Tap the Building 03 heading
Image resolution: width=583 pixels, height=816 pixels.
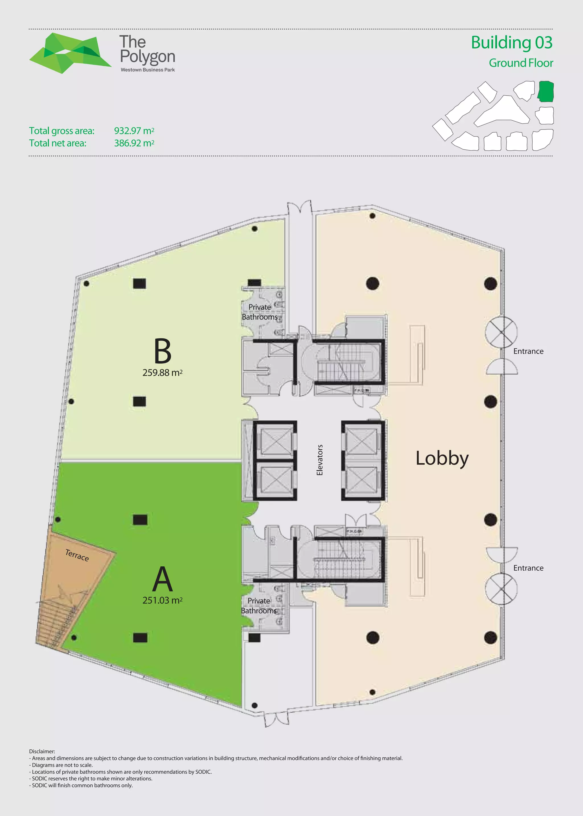(511, 43)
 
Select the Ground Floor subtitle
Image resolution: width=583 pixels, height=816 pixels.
(521, 63)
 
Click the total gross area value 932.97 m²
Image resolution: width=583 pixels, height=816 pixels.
(134, 131)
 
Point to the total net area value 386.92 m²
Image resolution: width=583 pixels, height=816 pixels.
(134, 143)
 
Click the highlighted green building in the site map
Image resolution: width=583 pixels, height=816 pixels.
(546, 91)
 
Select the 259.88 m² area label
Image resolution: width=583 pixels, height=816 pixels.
(162, 373)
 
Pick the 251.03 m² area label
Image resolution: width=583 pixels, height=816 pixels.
(162, 600)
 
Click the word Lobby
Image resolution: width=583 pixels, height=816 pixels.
(442, 458)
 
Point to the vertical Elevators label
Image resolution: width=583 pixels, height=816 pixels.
(319, 460)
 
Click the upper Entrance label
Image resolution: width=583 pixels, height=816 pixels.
(528, 351)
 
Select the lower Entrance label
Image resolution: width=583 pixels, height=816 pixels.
(528, 568)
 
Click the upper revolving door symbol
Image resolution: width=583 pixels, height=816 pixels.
(501, 332)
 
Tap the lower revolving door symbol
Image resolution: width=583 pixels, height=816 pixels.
(501, 589)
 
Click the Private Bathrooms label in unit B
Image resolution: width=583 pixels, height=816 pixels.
(260, 312)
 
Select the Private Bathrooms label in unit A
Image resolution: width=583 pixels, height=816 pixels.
(259, 606)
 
